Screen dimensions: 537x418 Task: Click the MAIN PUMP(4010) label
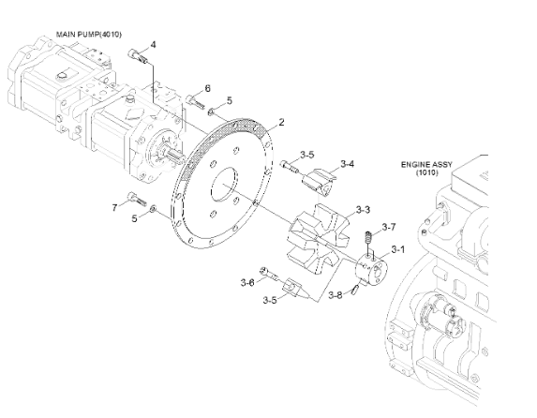89,35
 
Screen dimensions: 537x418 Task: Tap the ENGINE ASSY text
426,164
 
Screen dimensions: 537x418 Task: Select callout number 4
153,45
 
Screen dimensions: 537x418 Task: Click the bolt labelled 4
138,56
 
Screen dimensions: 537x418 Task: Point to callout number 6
207,88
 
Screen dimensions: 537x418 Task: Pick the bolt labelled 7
137,199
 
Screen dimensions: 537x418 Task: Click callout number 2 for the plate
281,122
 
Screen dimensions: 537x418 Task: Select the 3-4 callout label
348,164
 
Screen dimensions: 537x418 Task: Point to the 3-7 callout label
389,227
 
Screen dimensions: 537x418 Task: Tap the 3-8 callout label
336,295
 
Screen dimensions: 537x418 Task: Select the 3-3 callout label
363,210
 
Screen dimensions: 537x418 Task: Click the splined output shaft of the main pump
175,157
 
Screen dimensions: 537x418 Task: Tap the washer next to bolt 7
153,208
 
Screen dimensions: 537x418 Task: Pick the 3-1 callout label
398,250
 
